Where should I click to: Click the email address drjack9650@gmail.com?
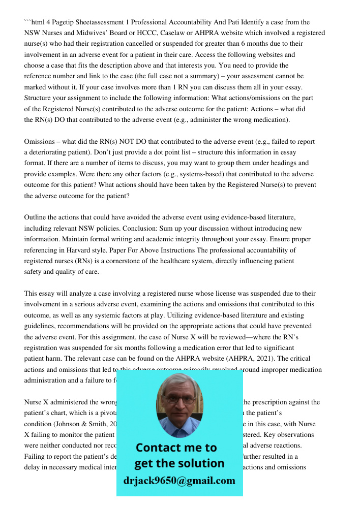click(x=179, y=481)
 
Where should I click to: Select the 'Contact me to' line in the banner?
click(x=176, y=448)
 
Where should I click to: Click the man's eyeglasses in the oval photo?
click(x=179, y=399)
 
